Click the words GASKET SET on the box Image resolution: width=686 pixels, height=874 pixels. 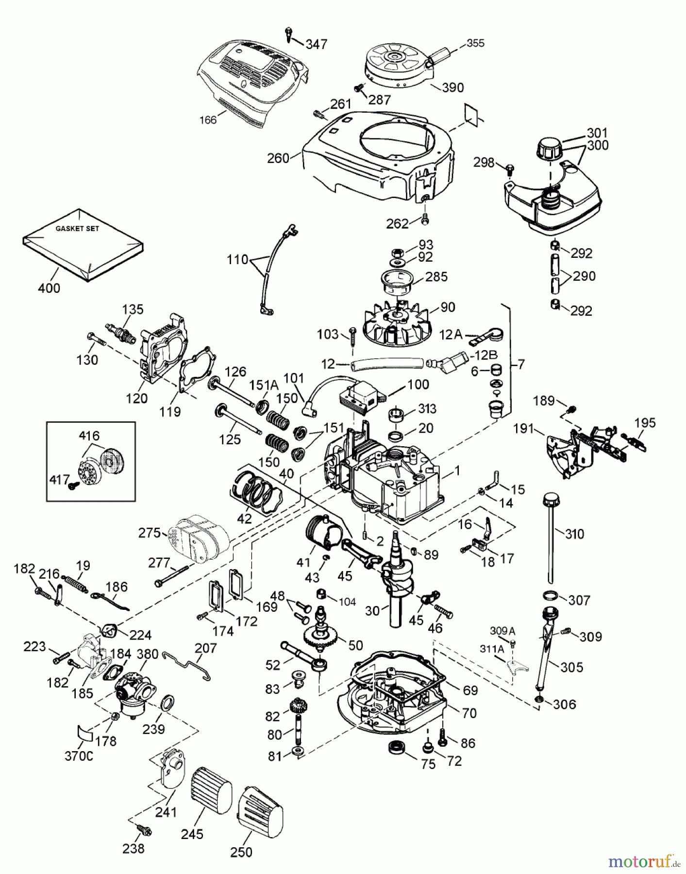(x=77, y=228)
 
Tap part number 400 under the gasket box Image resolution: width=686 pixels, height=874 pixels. (x=49, y=288)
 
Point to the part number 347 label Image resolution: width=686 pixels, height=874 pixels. (x=317, y=44)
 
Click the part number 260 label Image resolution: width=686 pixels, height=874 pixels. (x=278, y=158)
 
